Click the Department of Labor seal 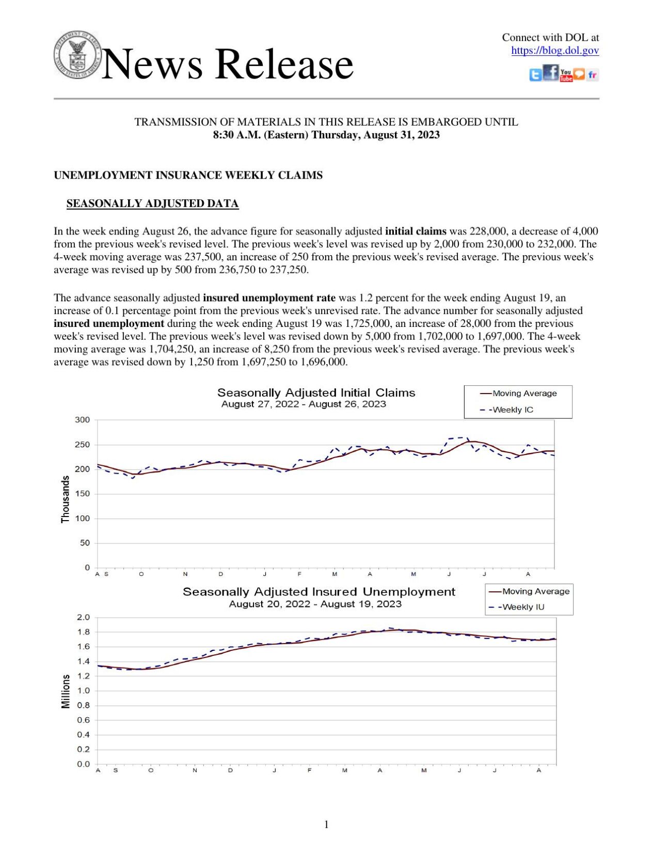coord(77,55)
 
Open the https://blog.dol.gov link coord(555,51)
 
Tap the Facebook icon coord(551,72)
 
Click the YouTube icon coord(566,75)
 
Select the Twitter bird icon coord(535,75)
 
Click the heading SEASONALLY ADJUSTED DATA coord(152,203)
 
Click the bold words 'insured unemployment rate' coord(269,298)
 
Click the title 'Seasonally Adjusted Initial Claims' coord(316,393)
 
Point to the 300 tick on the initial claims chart coord(82,420)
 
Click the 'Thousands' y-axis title coord(66,499)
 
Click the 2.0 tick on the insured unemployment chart coord(83,618)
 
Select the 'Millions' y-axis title coord(66,692)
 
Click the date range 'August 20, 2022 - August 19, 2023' coord(315,604)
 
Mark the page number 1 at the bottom coord(326,824)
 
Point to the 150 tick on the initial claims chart coord(82,494)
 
